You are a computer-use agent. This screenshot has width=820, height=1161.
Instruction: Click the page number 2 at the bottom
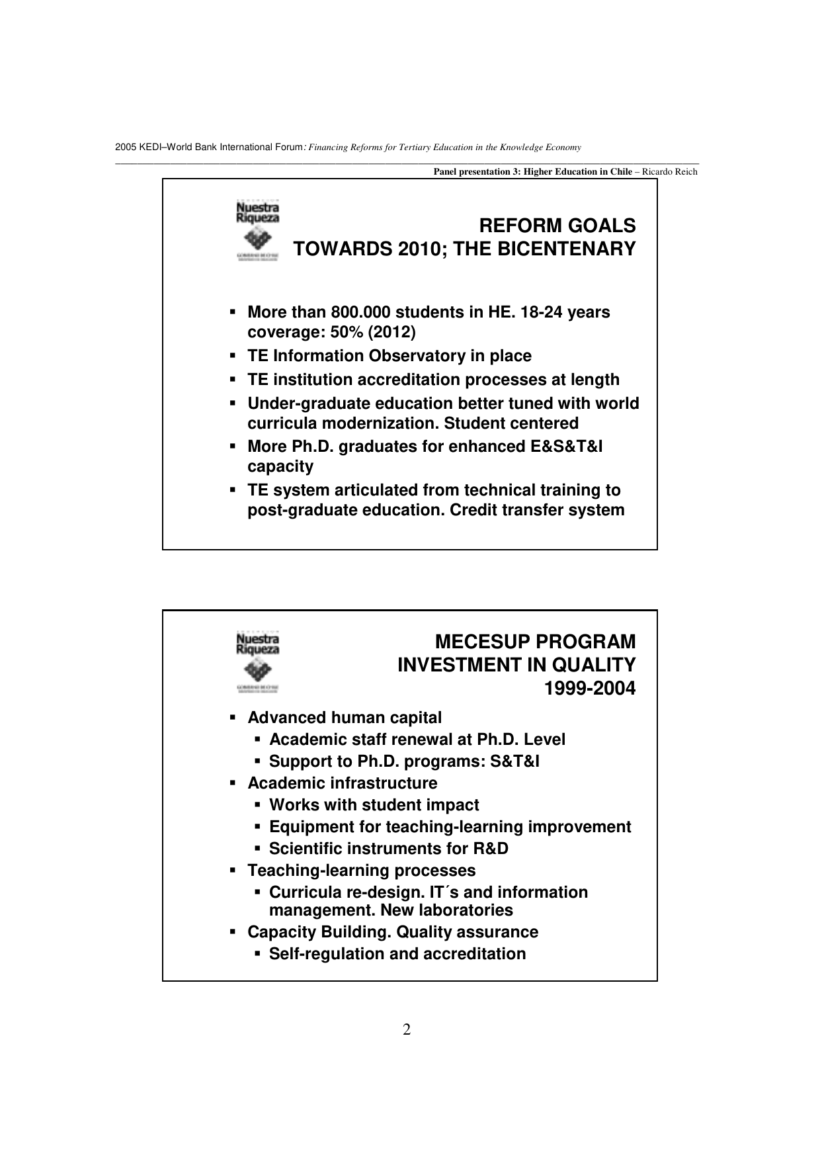tap(407, 1030)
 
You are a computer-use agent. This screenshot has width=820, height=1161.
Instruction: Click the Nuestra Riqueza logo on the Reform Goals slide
tap(258, 231)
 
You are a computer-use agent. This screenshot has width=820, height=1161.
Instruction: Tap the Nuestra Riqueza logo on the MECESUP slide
tap(258, 662)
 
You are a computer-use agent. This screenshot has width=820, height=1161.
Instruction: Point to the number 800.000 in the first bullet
tap(360, 312)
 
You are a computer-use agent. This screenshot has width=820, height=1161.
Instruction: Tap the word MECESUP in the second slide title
tap(482, 642)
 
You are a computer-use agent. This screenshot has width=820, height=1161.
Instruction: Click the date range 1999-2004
tap(589, 689)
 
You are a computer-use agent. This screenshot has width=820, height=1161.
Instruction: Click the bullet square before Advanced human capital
tap(233, 718)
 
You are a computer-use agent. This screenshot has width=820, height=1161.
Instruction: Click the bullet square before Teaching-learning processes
tap(233, 871)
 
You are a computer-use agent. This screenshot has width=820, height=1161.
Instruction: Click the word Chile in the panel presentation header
tap(620, 172)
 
